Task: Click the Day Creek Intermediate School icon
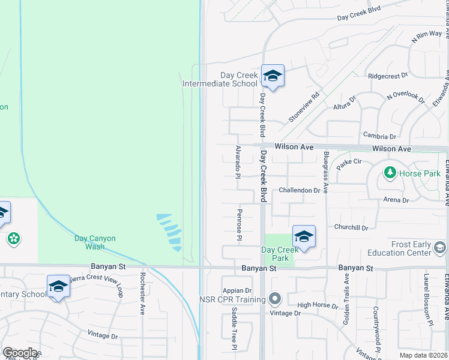pos(273,76)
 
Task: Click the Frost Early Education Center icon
pos(440,248)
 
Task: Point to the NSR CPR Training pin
pos(275,298)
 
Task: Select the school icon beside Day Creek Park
pos(304,236)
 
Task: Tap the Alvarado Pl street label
pos(238,162)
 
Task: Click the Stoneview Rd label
pos(304,107)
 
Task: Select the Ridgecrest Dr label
pos(388,76)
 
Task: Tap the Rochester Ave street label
pos(143,294)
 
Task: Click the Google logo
pos(20,353)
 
